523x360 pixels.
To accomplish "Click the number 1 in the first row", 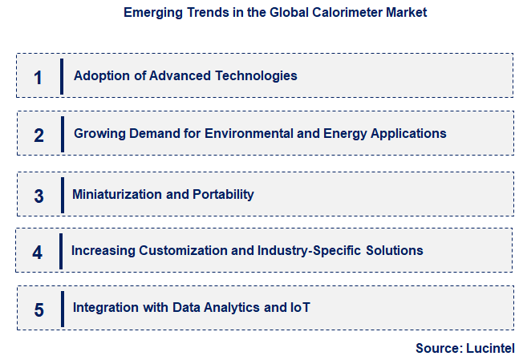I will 38,77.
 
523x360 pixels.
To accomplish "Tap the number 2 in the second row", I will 39,135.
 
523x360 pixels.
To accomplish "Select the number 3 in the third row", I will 39,195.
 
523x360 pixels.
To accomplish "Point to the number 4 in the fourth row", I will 38,252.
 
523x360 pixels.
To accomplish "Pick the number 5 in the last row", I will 39,309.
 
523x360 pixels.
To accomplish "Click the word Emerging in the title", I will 151,13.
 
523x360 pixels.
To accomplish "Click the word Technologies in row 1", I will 257,76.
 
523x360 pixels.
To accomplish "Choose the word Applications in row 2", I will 407,133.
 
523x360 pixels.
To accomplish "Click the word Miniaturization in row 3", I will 117,194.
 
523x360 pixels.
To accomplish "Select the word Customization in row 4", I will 180,251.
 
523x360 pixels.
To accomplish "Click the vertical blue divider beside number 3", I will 62,195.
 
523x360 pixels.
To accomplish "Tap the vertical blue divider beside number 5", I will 62,309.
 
